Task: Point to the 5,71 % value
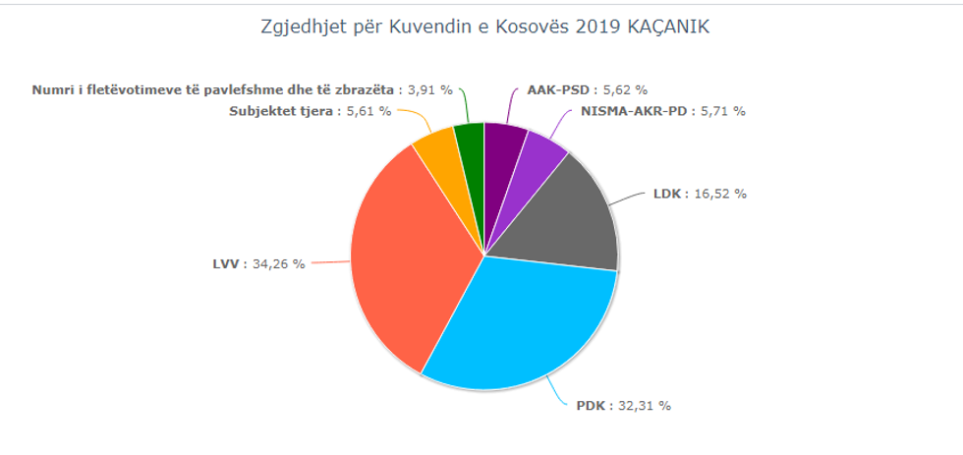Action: (722, 111)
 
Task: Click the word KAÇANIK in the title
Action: (667, 28)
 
